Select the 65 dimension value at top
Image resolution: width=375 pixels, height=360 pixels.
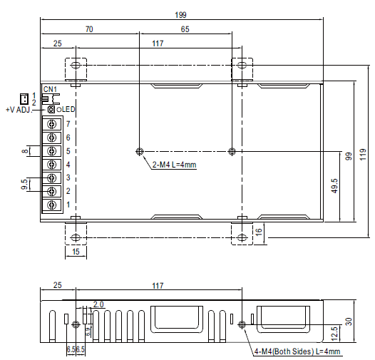pos(185,30)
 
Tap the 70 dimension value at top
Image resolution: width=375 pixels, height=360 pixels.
pos(89,30)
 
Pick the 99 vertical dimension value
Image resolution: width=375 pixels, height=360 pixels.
pos(349,155)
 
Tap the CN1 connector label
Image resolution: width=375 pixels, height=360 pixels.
pos(50,89)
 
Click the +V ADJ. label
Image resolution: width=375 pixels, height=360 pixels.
pos(19,110)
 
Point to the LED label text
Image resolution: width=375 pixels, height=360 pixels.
pos(66,110)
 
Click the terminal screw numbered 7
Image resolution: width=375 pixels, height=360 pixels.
pos(52,124)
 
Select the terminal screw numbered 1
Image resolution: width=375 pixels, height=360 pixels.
pos(52,205)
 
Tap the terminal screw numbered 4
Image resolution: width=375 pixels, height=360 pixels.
pos(52,165)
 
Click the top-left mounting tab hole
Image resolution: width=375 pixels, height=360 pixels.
pos(76,66)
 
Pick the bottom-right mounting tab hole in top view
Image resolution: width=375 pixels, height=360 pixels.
pos(242,236)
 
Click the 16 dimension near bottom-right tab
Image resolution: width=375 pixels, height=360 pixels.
pos(260,230)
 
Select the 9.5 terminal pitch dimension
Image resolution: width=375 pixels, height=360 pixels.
pos(25,185)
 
